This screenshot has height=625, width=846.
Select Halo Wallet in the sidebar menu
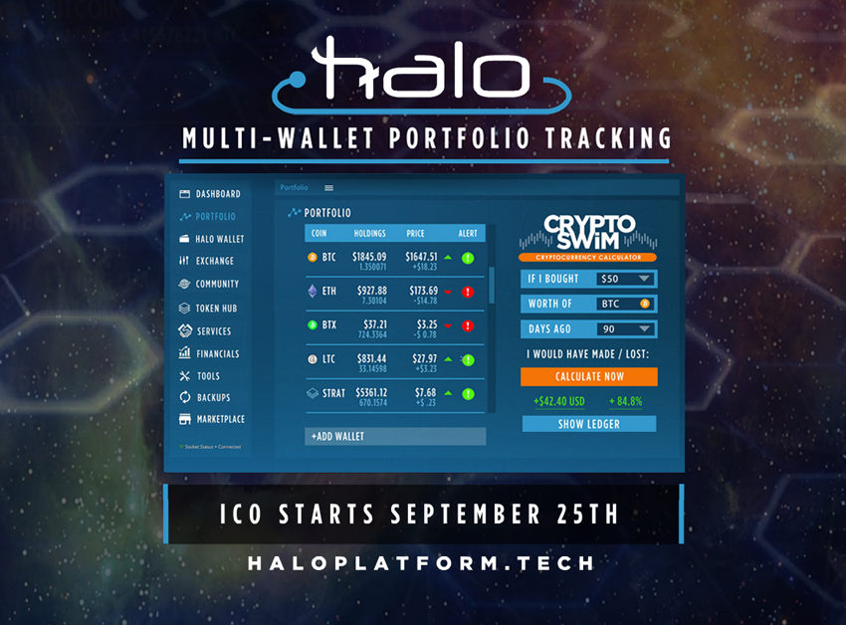pyautogui.click(x=219, y=239)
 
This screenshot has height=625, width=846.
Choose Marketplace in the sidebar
pyautogui.click(x=220, y=419)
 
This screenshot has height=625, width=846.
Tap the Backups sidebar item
pyautogui.click(x=213, y=397)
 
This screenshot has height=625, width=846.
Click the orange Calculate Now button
pyautogui.click(x=589, y=376)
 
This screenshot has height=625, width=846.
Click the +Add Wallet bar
pyautogui.click(x=395, y=436)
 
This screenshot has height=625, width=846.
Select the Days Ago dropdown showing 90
pyautogui.click(x=626, y=328)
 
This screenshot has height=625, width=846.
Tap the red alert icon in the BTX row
pyautogui.click(x=468, y=325)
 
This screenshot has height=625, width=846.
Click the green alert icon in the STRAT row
pyautogui.click(x=468, y=393)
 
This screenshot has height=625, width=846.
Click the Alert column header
pyautogui.click(x=468, y=234)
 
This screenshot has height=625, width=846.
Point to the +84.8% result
pyautogui.click(x=625, y=402)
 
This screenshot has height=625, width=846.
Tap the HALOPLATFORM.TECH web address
pyautogui.click(x=422, y=563)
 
